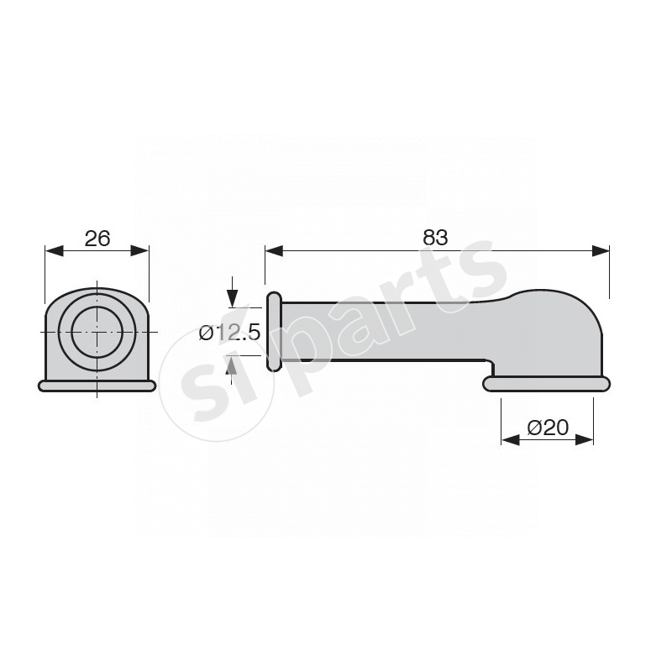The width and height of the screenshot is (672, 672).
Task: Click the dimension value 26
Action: point(97,239)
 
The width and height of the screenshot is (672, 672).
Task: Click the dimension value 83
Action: point(435,238)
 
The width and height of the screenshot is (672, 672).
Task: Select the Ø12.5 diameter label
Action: point(229,332)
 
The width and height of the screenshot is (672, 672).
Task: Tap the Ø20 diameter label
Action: point(548,428)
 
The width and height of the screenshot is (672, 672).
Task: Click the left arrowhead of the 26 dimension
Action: point(54,250)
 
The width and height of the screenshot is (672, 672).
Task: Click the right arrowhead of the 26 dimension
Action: point(139,250)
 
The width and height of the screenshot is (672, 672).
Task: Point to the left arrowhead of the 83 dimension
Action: point(274,250)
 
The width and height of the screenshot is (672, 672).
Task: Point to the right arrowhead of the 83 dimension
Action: point(601,250)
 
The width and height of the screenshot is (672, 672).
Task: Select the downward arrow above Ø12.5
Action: point(233,292)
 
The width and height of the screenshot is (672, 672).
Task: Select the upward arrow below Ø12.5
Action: point(232,370)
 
